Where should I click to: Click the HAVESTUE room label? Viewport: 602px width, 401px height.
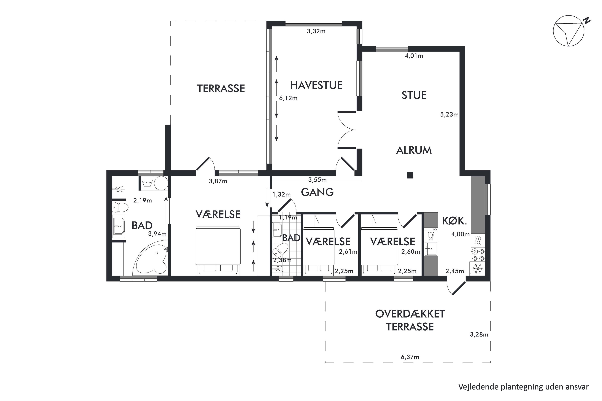click(316, 85)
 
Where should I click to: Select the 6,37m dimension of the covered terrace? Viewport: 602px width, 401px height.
click(410, 357)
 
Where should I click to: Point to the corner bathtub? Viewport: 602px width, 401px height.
click(151, 259)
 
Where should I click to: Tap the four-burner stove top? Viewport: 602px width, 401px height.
click(477, 254)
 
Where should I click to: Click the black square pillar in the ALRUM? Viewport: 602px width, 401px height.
click(410, 175)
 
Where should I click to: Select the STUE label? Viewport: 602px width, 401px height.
click(414, 95)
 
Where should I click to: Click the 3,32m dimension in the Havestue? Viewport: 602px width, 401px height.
click(316, 31)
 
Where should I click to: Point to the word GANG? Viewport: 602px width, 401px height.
click(317, 192)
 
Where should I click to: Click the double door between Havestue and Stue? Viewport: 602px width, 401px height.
click(346, 130)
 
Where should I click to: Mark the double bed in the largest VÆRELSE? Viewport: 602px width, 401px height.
click(218, 250)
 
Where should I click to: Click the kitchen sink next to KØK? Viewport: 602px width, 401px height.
click(431, 249)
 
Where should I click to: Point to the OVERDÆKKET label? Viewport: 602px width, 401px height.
click(410, 314)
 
